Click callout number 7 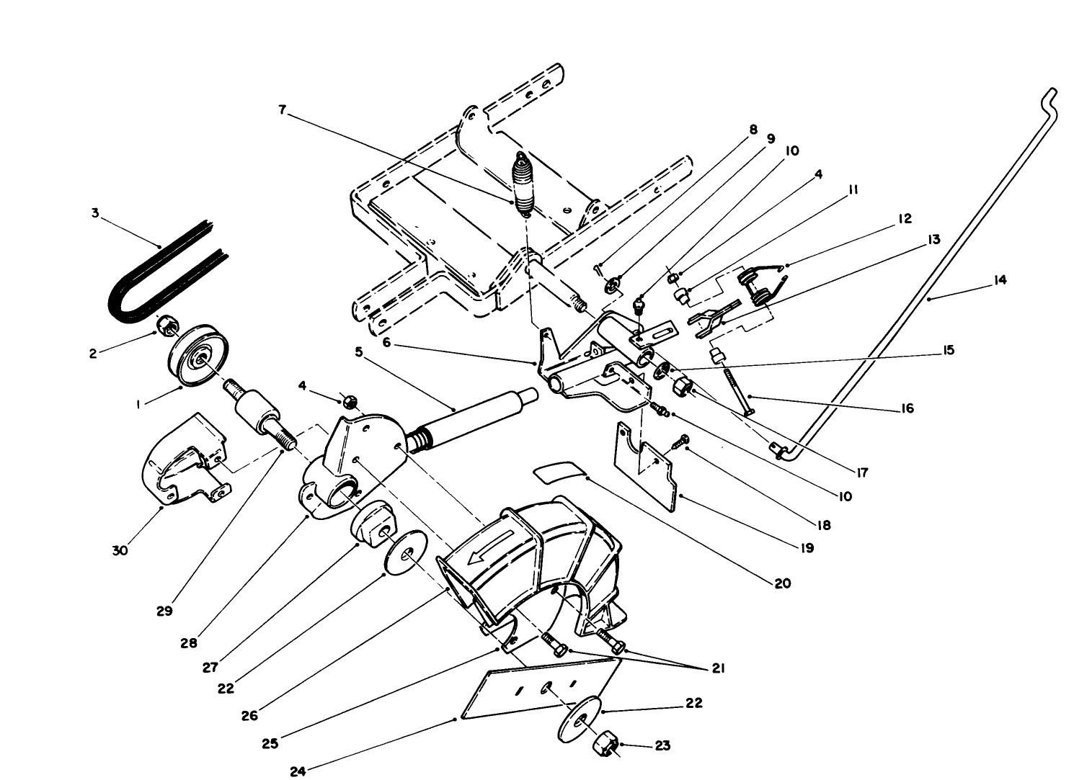click(x=283, y=109)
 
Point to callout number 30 click(x=120, y=550)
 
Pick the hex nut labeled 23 click(x=604, y=742)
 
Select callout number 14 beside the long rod click(x=999, y=281)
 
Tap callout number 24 click(x=298, y=771)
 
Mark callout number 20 click(x=783, y=583)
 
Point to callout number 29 click(x=164, y=611)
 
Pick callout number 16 click(x=907, y=408)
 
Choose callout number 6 click(x=387, y=343)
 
